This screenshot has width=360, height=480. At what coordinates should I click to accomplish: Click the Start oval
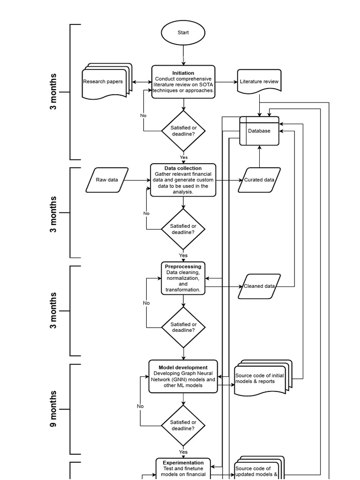click(183, 33)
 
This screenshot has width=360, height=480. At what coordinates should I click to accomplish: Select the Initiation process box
click(183, 82)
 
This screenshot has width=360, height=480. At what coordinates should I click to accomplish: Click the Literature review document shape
click(259, 82)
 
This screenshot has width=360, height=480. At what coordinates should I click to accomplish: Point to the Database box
click(259, 131)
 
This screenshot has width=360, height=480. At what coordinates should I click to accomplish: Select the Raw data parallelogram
click(107, 180)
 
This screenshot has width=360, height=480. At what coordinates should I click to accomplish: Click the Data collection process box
click(183, 180)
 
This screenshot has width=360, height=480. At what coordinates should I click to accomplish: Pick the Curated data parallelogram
click(259, 180)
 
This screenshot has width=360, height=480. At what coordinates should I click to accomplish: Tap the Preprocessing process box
click(183, 278)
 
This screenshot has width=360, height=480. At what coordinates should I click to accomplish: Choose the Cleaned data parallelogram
click(259, 286)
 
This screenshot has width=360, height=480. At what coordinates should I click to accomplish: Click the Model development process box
click(183, 376)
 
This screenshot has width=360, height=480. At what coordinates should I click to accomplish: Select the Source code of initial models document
click(262, 378)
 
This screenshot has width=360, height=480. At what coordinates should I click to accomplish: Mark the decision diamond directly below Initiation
click(183, 131)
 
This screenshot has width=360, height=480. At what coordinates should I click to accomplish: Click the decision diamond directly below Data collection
click(183, 229)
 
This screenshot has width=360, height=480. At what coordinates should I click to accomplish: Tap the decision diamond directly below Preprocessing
click(183, 327)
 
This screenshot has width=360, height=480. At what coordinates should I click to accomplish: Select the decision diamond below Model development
click(183, 425)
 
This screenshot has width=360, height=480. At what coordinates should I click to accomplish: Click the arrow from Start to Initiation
click(183, 55)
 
